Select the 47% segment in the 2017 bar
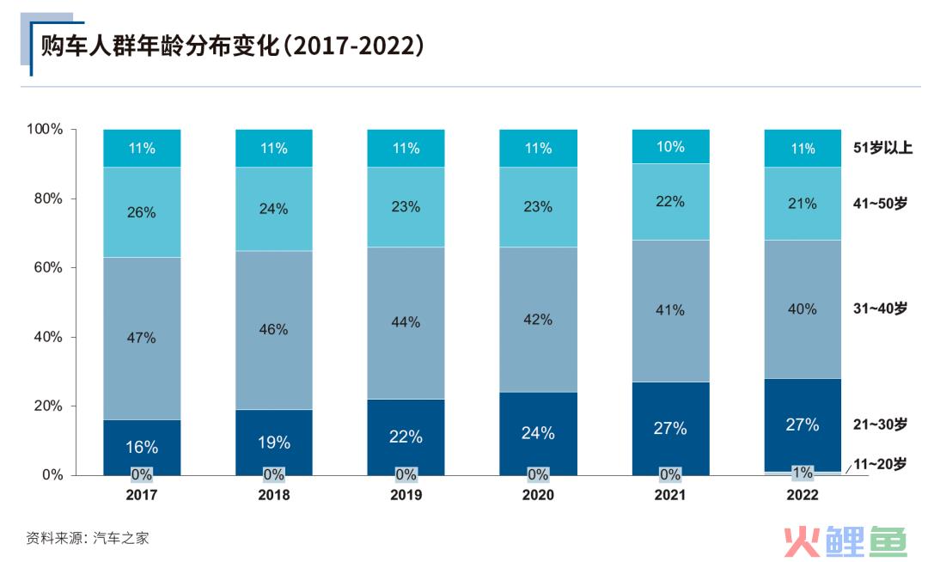142,338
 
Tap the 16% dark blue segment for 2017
142,446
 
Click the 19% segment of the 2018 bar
274,443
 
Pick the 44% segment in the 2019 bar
406,322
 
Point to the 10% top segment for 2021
670,147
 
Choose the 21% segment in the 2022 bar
803,203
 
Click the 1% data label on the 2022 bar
803,473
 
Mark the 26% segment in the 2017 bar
142,212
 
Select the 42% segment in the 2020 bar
538,319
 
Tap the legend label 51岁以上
882,148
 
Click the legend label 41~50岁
880,203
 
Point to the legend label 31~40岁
880,308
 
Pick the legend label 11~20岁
880,464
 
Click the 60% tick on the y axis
48,267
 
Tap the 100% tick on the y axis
46,129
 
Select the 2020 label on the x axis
538,495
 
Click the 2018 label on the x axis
274,495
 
